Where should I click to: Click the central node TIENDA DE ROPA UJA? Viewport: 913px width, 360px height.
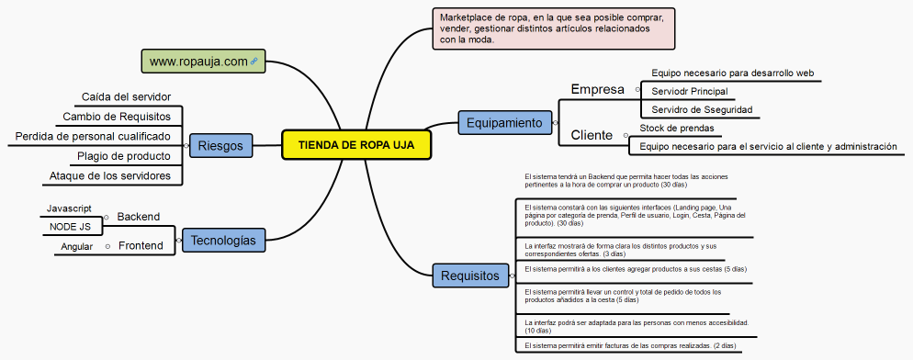[355, 145]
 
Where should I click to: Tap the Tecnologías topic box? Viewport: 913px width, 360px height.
[224, 241]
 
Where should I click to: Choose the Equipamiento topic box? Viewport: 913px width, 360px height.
[502, 121]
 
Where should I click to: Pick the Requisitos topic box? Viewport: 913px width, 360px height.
[470, 275]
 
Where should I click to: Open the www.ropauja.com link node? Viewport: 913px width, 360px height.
[203, 62]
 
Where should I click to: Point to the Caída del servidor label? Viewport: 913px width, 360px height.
[126, 96]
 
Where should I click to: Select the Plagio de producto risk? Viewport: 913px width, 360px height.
[123, 156]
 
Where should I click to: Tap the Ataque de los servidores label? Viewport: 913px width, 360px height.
[116, 175]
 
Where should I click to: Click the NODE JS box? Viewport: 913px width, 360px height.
[71, 226]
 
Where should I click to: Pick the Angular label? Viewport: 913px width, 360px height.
[77, 247]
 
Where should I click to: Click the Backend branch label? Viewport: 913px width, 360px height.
[138, 217]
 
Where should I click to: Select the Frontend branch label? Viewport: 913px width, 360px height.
[141, 246]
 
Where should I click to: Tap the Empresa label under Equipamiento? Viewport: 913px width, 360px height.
[597, 90]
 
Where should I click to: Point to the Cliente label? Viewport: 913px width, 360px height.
[592, 135]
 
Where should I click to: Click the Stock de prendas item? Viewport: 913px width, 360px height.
[676, 128]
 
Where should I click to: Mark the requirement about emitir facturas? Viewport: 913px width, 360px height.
[630, 345]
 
